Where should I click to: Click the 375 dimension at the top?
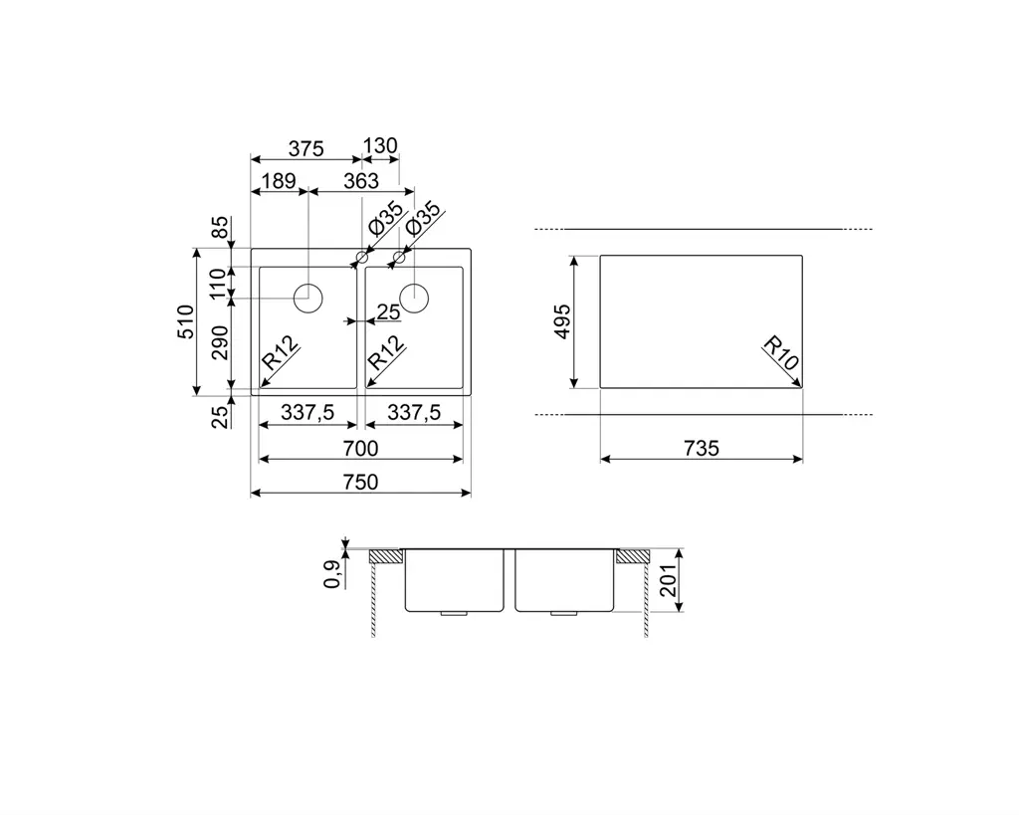pos(306,149)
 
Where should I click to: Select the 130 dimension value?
pos(380,145)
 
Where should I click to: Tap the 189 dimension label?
pos(279,181)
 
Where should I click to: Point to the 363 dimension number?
pos(360,181)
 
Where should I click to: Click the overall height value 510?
pos(186,321)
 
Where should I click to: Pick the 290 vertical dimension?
pos(220,342)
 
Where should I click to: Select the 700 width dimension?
pos(360,449)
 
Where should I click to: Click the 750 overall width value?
pos(360,483)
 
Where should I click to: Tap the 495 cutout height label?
pos(561,321)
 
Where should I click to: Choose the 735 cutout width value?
pos(702,449)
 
